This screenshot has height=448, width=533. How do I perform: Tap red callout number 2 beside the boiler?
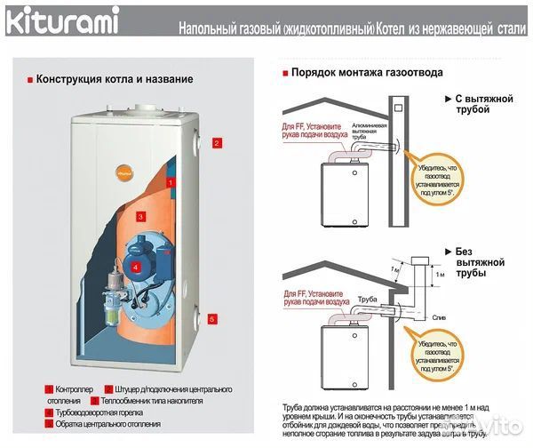[215, 141]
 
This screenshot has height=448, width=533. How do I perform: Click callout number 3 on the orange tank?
[140, 216]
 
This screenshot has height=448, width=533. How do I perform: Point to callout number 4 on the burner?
[135, 265]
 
